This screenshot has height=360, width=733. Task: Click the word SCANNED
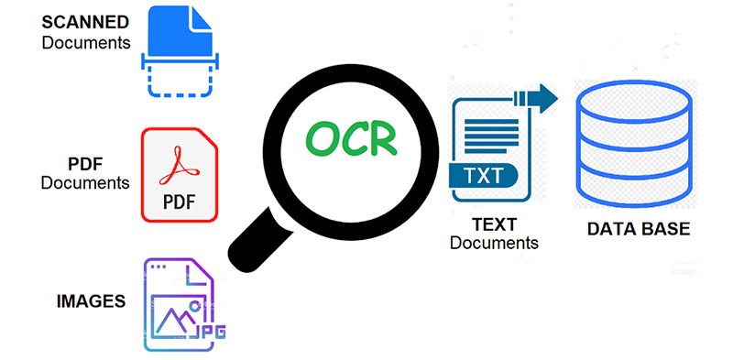(x=85, y=22)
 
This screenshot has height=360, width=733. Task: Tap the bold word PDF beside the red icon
(x=84, y=164)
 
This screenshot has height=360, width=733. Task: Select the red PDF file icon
(x=181, y=174)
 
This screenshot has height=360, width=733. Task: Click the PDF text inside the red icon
(x=180, y=201)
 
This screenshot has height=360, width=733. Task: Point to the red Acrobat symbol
(x=180, y=165)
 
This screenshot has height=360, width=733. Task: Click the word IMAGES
(x=90, y=300)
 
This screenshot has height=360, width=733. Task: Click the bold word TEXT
(x=495, y=224)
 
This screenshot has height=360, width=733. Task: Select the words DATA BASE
(x=638, y=228)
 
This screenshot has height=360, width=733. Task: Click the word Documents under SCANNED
(x=85, y=42)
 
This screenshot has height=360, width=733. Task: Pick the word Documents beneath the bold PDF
(x=85, y=183)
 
